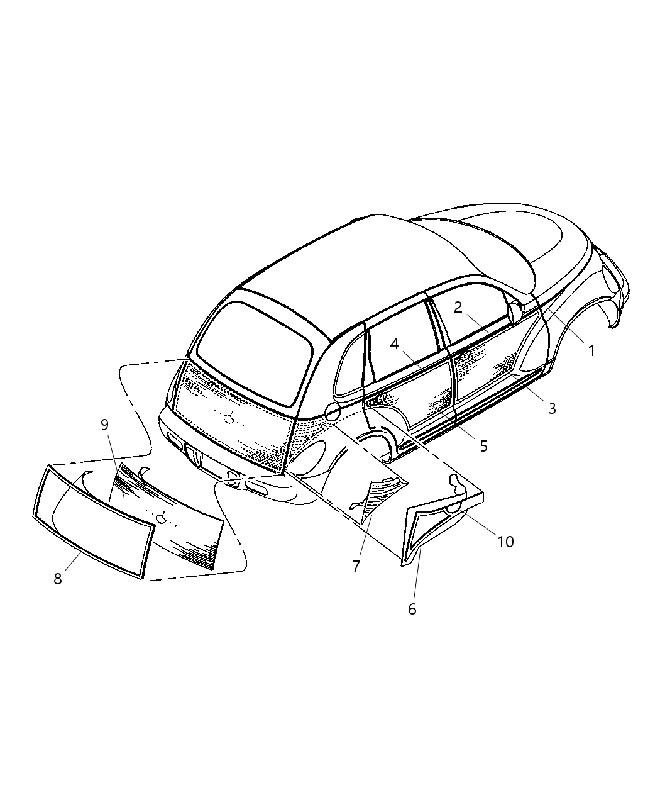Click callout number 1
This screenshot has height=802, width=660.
[591, 351]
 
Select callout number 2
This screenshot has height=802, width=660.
[458, 308]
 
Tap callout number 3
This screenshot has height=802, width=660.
[552, 409]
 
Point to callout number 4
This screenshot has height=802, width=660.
[395, 344]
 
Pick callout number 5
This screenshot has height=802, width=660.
[484, 447]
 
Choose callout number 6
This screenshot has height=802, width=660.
[412, 609]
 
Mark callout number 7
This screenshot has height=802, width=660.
[356, 566]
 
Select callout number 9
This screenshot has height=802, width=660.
[104, 425]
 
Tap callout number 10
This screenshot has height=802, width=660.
[505, 542]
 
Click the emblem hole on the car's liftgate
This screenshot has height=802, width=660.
[229, 418]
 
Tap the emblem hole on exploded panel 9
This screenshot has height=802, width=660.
[161, 518]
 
